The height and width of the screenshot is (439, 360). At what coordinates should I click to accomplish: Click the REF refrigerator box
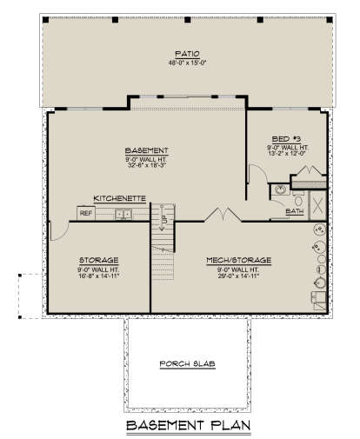86,212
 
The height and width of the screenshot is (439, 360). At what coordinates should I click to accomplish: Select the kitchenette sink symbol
124,212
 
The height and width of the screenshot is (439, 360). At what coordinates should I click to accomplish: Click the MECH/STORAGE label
238,259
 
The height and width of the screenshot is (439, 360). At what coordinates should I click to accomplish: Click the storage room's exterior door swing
54,229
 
